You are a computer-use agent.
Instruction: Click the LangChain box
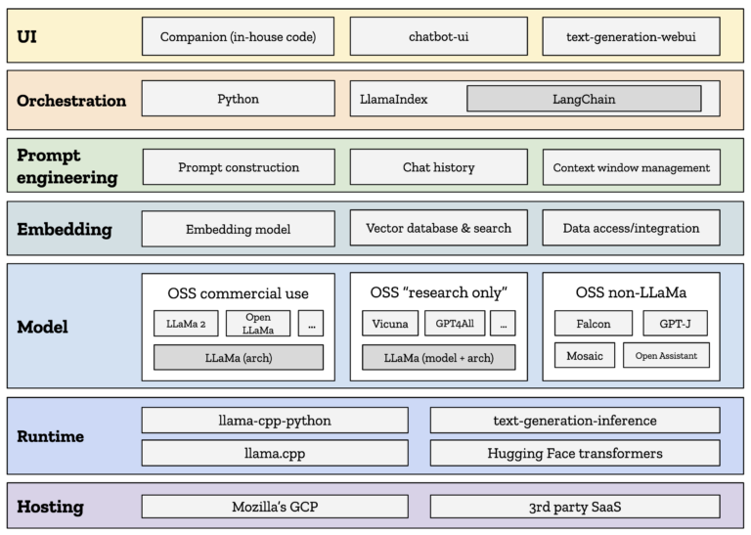584,99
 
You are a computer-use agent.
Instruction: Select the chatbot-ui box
439,36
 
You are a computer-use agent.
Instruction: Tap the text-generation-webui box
632,36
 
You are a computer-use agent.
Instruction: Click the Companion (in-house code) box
238,36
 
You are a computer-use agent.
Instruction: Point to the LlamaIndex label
394,99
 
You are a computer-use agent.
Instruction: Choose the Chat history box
439,166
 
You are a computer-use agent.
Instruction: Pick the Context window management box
632,167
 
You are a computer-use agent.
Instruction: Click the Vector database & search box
439,228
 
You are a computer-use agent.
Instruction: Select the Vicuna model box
390,324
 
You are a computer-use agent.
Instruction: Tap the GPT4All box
455,324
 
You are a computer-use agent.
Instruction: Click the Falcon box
594,324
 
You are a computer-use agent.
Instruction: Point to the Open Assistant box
666,355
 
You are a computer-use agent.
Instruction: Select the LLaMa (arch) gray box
239,357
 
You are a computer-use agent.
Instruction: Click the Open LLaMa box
258,324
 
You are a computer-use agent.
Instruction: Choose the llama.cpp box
275,453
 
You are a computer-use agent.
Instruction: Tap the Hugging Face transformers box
575,453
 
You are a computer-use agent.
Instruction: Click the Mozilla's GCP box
275,507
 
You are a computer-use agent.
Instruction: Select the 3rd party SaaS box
575,507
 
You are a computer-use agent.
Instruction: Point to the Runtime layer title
50,436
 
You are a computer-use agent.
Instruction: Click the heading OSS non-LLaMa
632,292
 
